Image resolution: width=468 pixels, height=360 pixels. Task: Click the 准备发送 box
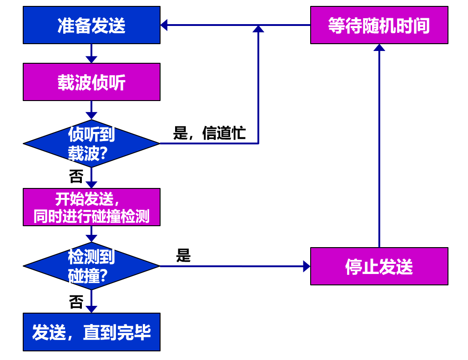[x=91, y=25]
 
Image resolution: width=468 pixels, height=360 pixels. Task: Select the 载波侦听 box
[x=91, y=82]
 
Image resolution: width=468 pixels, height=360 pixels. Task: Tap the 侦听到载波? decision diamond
[x=91, y=143]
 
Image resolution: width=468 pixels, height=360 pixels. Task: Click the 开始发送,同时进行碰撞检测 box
[x=91, y=207]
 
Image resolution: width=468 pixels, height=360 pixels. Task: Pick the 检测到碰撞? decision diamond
[x=91, y=266]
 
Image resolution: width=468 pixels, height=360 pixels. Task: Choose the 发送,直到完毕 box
[x=91, y=332]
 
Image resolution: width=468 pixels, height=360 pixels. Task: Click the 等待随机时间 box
[x=379, y=25]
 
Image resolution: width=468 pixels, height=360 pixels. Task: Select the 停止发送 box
[x=379, y=266]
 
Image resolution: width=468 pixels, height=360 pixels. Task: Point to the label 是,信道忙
[x=209, y=133]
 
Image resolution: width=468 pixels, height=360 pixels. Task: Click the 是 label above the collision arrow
[x=183, y=256]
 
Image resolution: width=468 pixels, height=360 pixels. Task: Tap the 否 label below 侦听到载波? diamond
[x=76, y=176]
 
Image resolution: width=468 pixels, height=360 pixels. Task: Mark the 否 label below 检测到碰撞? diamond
[x=76, y=302]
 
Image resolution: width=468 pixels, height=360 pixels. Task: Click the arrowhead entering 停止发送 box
[x=307, y=266]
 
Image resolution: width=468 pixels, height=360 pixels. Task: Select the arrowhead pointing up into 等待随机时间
[x=379, y=47]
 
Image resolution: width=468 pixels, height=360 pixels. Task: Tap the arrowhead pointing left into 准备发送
[x=164, y=25]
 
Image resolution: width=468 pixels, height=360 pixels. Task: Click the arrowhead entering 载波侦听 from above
[x=91, y=60]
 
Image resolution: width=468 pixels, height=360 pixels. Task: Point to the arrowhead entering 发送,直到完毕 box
[x=91, y=309]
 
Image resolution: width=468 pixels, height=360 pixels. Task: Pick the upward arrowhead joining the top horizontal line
[x=258, y=29]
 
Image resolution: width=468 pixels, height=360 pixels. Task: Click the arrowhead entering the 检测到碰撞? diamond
[x=91, y=238]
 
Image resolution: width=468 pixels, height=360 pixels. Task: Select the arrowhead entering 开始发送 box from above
[x=91, y=185]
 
